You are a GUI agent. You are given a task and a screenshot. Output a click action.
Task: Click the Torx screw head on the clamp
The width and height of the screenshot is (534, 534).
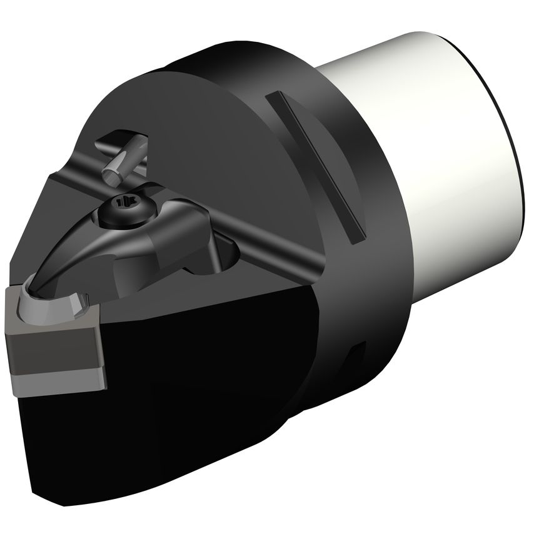click(x=127, y=205)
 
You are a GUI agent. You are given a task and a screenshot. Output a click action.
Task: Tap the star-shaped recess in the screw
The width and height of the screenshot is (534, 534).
click(x=127, y=202)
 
